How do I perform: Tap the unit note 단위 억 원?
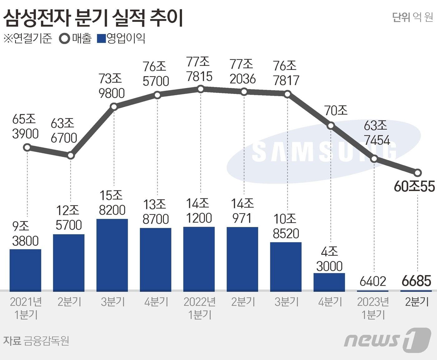[x=412, y=17]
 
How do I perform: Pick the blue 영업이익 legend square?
[x=101, y=39]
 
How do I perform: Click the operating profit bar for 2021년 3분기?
[x=112, y=255]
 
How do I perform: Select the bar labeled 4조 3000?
[x=329, y=282]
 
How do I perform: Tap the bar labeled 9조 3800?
[x=25, y=270]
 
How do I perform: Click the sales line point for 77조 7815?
[x=201, y=89]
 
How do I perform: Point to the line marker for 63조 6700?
[x=71, y=155]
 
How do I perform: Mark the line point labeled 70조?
[x=331, y=126]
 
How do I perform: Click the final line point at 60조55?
[x=418, y=173]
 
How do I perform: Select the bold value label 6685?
[x=416, y=281]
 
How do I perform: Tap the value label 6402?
[x=373, y=281]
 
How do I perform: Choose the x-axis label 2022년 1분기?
[x=199, y=308]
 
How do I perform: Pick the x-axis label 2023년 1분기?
[x=373, y=308]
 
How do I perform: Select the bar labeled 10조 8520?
[x=286, y=267]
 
